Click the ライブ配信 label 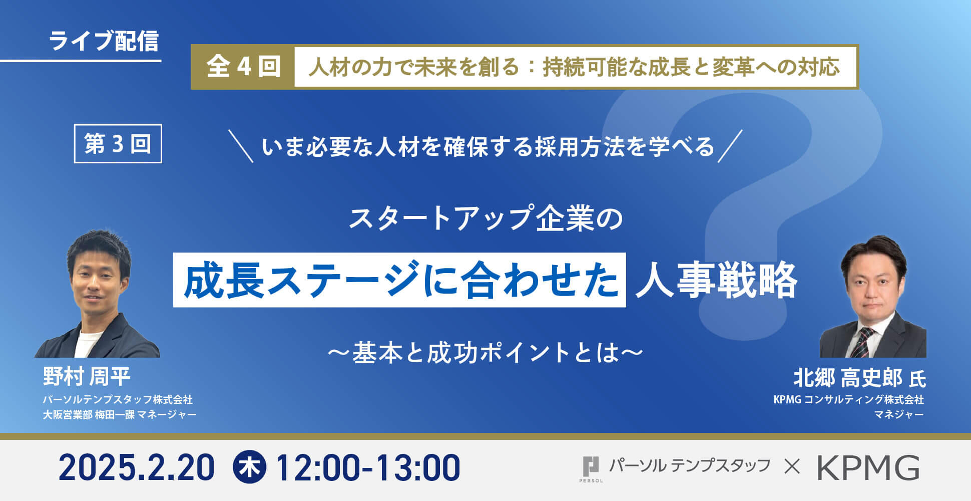click(104, 41)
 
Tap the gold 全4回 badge click(243, 67)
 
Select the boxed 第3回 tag click(118, 144)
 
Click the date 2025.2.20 click(136, 468)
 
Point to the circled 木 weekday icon click(250, 467)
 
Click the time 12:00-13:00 click(367, 468)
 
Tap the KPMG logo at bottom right click(868, 467)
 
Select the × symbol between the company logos click(792, 467)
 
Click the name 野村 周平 click(87, 376)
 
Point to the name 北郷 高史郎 click(848, 378)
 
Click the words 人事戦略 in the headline click(716, 280)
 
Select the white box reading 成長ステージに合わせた click(399, 280)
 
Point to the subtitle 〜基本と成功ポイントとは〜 click(485, 352)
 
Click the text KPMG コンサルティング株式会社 click(848, 399)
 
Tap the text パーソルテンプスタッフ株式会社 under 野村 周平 click(118, 399)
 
